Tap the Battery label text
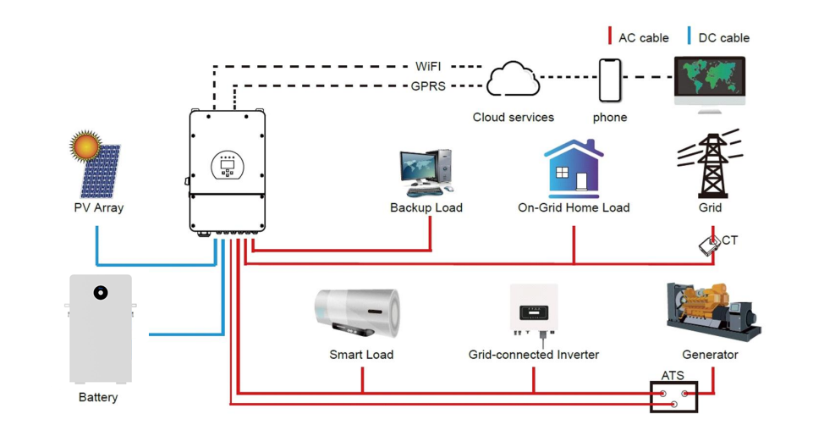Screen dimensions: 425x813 pos(98,397)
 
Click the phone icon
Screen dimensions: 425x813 pos(610,80)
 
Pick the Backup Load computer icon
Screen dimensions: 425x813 pos(426,173)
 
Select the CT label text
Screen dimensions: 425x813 pos(729,240)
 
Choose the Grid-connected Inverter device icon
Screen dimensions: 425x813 pos(533,310)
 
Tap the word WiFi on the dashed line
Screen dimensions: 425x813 pos(428,66)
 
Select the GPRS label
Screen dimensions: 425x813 pos(428,86)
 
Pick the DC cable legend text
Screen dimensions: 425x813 pos(723,37)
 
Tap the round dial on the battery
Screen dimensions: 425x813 pos(101,293)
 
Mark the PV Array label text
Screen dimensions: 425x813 pos(98,207)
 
